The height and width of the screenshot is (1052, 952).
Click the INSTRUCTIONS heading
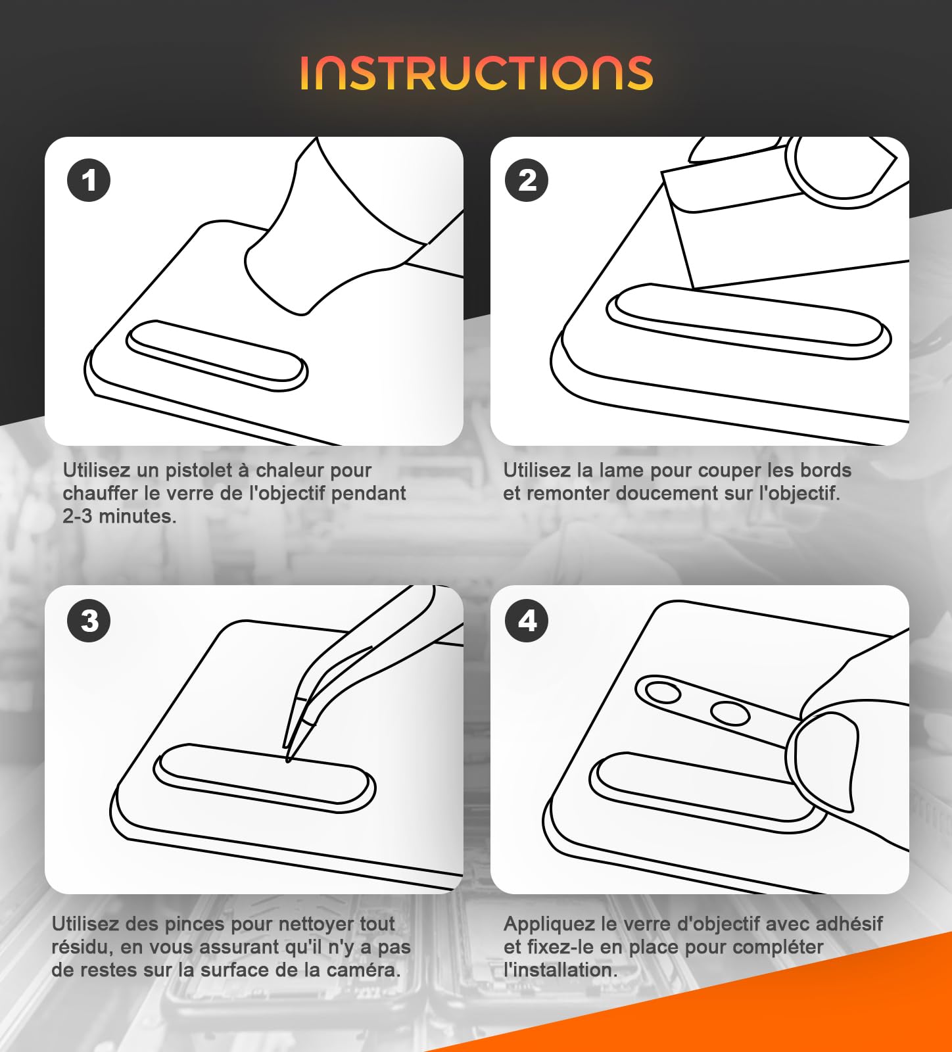point(477,72)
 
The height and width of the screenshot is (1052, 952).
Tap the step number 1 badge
point(89,180)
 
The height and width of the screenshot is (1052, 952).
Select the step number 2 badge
point(527,180)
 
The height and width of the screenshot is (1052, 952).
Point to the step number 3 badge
point(89,621)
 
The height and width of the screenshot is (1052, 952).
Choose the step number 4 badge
point(527,621)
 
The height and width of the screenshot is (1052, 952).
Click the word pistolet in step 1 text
point(198,470)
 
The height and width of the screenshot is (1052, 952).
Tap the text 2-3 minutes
point(120,516)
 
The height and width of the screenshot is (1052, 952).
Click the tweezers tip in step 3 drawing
point(288,760)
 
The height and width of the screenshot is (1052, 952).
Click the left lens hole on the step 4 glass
point(663,692)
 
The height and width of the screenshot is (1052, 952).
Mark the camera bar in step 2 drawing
point(748,322)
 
